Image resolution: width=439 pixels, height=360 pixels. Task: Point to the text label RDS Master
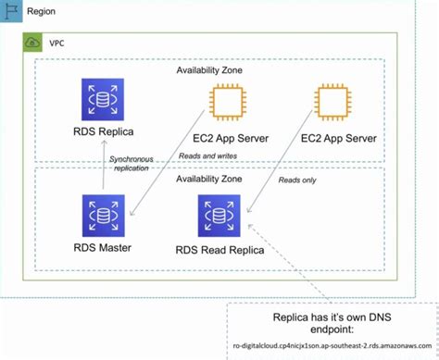point(102,247)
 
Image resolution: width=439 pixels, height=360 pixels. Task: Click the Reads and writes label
point(206,157)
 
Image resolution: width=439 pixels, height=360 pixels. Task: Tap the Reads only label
point(301,180)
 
